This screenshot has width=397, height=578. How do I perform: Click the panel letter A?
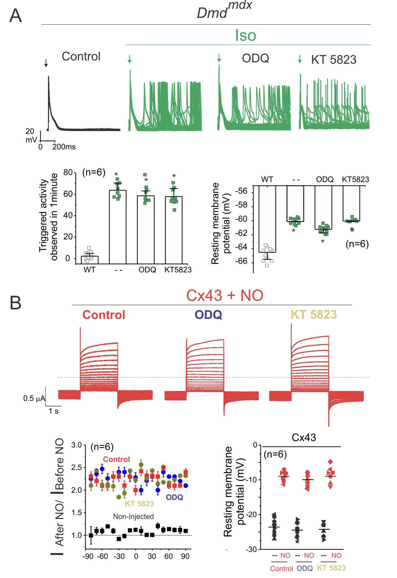16,16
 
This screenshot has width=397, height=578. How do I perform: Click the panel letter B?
16,303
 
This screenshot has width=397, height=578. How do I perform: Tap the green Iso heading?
245,35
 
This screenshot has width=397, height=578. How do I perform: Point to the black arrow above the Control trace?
46,63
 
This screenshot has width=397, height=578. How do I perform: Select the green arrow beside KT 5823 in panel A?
300,59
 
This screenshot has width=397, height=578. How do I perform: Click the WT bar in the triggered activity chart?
90,260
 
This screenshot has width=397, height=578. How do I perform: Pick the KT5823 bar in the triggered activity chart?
174,230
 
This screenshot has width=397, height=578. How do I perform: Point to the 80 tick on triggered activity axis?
68,173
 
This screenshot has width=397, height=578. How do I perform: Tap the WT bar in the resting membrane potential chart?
267,219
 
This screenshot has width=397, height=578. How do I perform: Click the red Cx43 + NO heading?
225,295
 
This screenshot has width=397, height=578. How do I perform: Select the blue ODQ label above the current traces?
208,315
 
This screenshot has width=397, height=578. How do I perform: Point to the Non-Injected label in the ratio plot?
133,516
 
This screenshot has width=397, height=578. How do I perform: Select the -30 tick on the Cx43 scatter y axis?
253,549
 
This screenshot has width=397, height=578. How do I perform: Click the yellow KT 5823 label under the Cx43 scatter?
331,568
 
